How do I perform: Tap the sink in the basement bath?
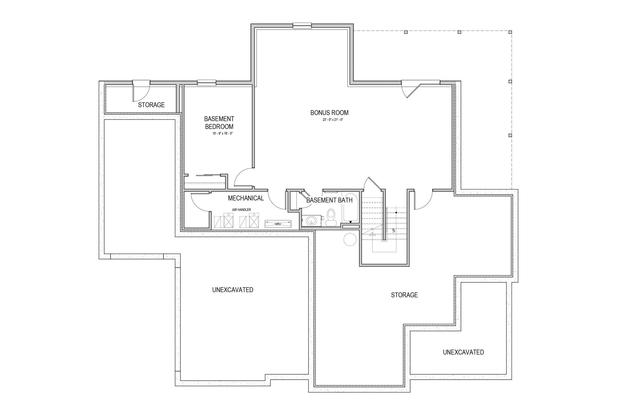[312, 221]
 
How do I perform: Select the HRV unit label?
[278, 224]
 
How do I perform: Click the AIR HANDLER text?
[241, 210]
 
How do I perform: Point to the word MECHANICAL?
[246, 198]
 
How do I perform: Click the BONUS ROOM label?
[329, 113]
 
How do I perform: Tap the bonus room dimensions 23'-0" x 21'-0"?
[333, 120]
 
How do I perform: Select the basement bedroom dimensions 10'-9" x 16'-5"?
[222, 133]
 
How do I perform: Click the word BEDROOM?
[219, 127]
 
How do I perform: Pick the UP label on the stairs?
[394, 230]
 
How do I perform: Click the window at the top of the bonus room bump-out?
[302, 26]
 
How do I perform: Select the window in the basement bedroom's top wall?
[207, 83]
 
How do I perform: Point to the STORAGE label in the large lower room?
[404, 295]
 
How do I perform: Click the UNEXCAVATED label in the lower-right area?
[463, 352]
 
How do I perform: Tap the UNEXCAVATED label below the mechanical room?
[233, 290]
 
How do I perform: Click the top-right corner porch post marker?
[510, 32]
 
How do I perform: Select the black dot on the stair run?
[396, 213]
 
